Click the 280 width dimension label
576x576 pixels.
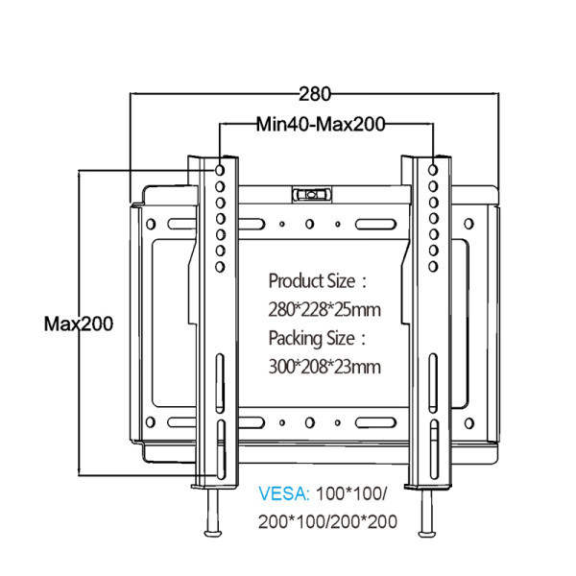pyautogui.click(x=314, y=94)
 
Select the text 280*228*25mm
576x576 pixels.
pyautogui.click(x=324, y=310)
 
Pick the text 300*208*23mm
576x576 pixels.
pyautogui.click(x=324, y=367)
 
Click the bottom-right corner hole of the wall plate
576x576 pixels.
pyautogui.click(x=470, y=422)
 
